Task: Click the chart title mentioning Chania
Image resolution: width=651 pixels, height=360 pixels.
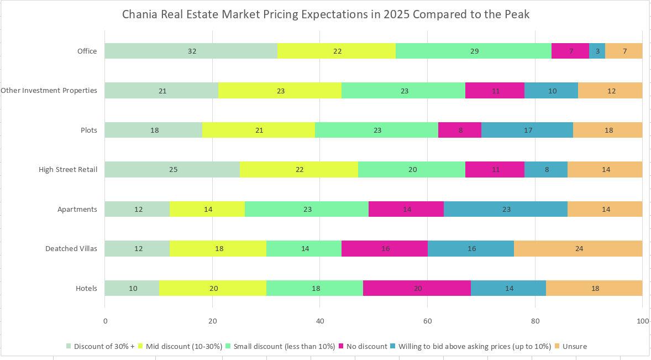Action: [326, 14]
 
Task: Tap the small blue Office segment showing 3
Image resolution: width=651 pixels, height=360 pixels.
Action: [597, 51]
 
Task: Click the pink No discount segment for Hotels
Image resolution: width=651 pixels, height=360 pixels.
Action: [417, 288]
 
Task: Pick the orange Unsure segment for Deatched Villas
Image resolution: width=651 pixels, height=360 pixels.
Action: [578, 249]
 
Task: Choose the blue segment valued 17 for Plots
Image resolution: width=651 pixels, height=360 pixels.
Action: [527, 130]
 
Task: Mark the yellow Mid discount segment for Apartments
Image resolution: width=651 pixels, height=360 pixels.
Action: [207, 209]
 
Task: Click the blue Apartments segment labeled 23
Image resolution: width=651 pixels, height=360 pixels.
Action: [506, 209]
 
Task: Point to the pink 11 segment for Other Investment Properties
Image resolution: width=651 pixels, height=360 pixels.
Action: [495, 91]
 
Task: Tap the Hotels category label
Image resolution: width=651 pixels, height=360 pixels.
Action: [86, 288]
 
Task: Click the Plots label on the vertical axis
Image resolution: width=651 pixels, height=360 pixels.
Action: [88, 131]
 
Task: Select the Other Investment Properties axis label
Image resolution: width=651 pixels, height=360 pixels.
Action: [49, 91]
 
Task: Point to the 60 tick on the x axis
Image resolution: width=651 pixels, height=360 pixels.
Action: [427, 321]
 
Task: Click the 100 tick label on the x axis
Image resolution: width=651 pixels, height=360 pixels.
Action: [642, 321]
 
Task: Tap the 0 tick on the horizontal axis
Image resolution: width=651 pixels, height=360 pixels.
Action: [105, 321]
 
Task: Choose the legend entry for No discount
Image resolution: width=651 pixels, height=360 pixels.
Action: [366, 347]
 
